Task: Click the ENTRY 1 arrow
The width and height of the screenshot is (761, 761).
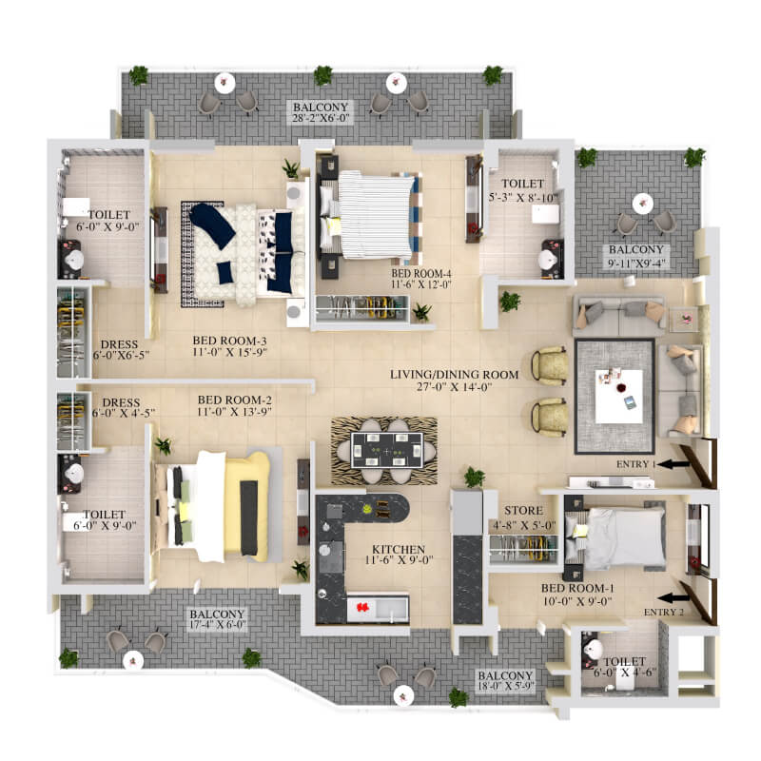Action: [673, 464]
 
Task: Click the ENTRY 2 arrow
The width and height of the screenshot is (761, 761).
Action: [673, 597]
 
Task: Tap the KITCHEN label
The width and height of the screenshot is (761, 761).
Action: [399, 550]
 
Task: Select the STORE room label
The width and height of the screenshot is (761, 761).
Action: [523, 511]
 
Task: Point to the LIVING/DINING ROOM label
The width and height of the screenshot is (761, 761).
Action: [455, 375]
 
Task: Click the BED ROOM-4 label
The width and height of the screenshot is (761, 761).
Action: [421, 274]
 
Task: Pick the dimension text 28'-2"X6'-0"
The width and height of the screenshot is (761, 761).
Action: [321, 118]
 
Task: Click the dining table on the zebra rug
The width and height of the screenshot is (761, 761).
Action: [387, 451]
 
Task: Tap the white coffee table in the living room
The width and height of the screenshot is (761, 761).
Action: [619, 396]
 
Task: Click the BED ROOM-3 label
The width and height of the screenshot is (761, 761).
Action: [229, 341]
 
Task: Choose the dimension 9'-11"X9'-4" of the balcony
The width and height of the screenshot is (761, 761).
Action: [636, 263]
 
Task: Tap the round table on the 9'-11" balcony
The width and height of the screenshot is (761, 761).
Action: [643, 204]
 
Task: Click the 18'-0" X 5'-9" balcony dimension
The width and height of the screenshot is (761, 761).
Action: [505, 686]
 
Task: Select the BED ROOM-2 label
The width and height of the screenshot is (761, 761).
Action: [234, 400]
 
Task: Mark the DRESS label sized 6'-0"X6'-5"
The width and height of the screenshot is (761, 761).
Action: [120, 344]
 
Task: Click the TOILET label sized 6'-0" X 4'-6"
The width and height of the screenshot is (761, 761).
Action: [625, 661]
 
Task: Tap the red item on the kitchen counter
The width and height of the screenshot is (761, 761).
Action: [362, 607]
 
